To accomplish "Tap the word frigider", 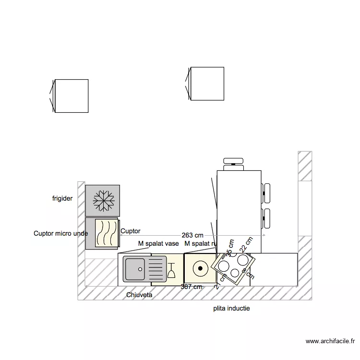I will [62, 198].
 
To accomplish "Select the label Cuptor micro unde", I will [60, 234].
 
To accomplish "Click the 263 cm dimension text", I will [192, 235].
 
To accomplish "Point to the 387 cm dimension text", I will [192, 287].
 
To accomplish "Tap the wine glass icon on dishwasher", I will [171, 270].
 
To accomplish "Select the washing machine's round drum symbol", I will [200, 269].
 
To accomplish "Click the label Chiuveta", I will [139, 295].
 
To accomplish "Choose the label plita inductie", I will [231, 308].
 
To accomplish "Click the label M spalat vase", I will [158, 244].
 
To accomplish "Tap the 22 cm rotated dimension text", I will [246, 244].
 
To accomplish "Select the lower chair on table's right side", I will [265, 218].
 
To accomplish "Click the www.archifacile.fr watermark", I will [330, 341].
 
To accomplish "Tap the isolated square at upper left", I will [71, 96].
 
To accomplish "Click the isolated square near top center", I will [207, 84].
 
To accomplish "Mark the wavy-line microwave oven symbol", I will [106, 233].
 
